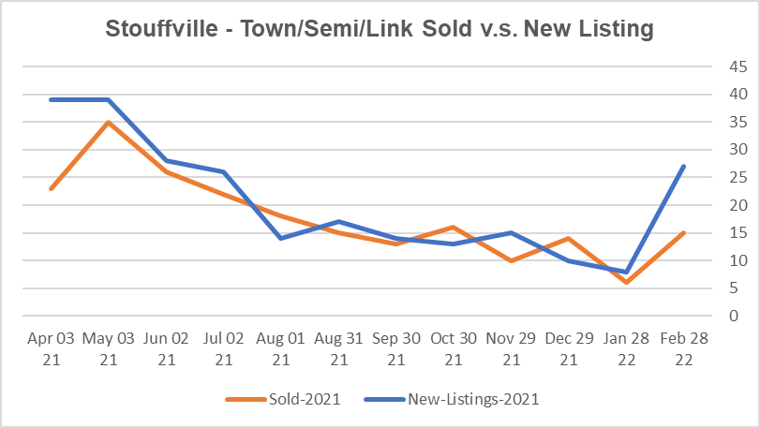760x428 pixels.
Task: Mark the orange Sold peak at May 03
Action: pyautogui.click(x=108, y=122)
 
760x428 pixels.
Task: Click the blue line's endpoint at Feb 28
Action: pyautogui.click(x=684, y=167)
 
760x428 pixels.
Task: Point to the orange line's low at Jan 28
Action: pyautogui.click(x=626, y=282)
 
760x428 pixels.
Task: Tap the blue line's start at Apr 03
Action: pyautogui.click(x=51, y=99)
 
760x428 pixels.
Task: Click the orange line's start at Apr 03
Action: pyautogui.click(x=51, y=188)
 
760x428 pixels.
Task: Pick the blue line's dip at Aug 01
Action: pyautogui.click(x=281, y=238)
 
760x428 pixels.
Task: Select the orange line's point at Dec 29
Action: pyautogui.click(x=569, y=238)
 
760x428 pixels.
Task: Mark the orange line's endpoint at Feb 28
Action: pyautogui.click(x=684, y=232)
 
